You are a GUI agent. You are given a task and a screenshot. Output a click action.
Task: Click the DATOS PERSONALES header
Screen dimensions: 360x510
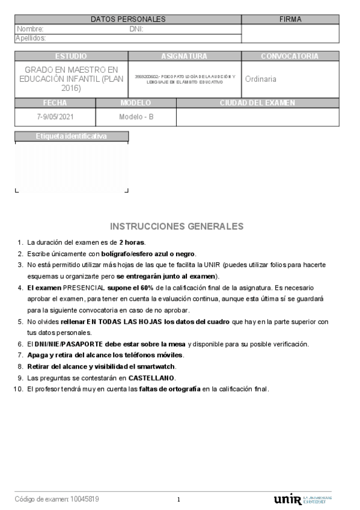click(x=128, y=19)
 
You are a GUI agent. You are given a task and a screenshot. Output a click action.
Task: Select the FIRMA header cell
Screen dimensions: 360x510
click(x=290, y=19)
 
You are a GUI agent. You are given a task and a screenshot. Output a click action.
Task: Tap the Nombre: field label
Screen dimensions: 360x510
click(x=30, y=29)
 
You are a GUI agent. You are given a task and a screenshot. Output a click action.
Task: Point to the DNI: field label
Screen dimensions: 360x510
click(x=136, y=29)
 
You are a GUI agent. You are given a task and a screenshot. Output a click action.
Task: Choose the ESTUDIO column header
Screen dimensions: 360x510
click(x=71, y=56)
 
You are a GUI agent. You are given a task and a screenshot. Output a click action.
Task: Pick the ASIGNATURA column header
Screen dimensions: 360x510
click(x=184, y=56)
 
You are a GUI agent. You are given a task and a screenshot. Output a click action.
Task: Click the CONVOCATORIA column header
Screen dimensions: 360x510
click(x=290, y=56)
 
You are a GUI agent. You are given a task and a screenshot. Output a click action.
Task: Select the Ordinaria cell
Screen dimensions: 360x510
click(x=261, y=79)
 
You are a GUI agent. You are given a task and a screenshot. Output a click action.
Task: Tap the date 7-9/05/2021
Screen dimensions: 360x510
click(x=54, y=117)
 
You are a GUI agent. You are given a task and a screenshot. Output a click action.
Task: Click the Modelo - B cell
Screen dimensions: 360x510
click(x=136, y=117)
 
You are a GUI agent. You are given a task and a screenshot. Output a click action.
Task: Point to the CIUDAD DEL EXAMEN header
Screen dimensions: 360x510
click(x=257, y=103)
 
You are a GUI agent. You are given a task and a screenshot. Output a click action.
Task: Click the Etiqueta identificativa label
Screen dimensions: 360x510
click(x=71, y=137)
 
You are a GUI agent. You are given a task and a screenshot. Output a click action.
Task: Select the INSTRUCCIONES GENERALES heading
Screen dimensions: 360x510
click(x=177, y=227)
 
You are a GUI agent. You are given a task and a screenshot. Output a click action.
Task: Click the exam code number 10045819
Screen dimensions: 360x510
click(x=85, y=499)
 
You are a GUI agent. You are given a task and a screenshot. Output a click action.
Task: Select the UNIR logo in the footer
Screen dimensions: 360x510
click(x=288, y=499)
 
